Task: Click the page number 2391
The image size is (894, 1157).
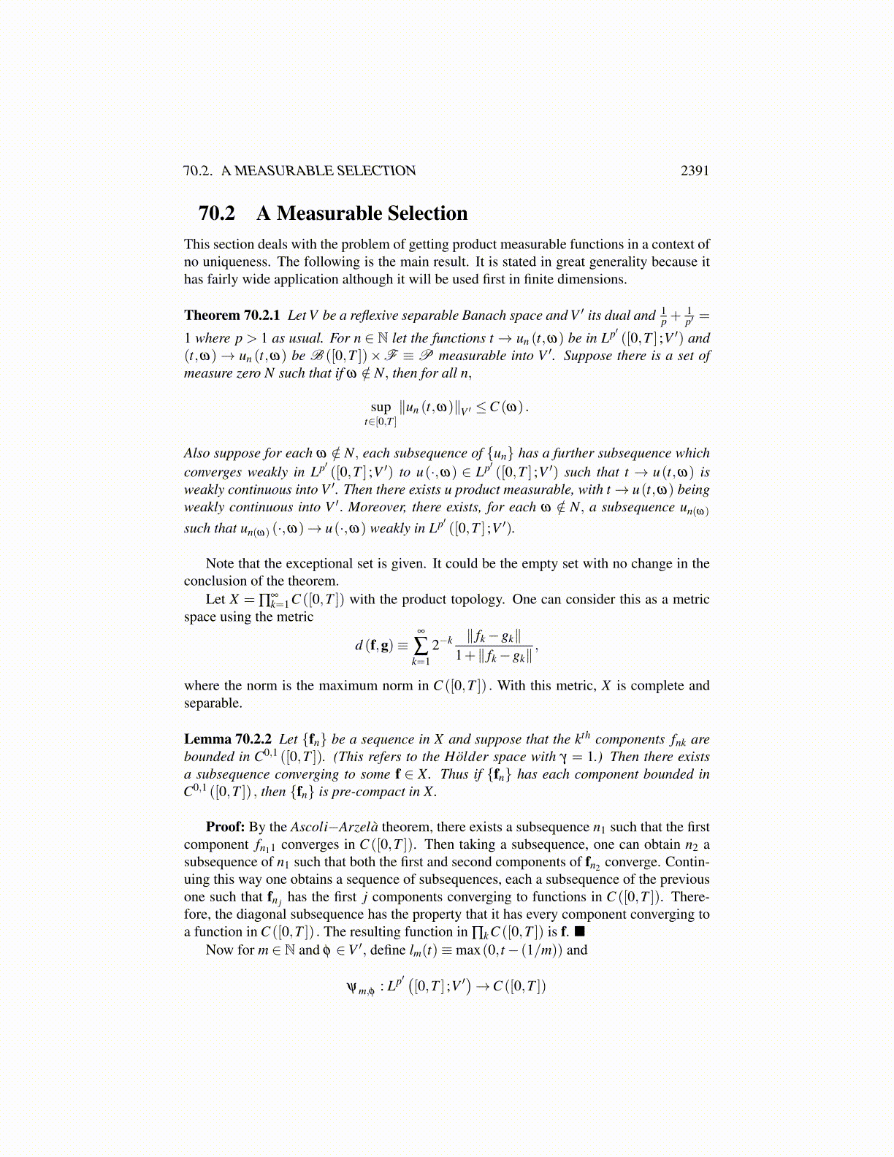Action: pos(695,171)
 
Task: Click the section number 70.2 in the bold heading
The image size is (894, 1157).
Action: pos(217,213)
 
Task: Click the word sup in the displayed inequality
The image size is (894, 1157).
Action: pos(381,407)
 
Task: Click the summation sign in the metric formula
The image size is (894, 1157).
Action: pos(421,645)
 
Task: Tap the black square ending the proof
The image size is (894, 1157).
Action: pos(580,931)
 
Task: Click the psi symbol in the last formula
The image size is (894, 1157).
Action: pos(352,988)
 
